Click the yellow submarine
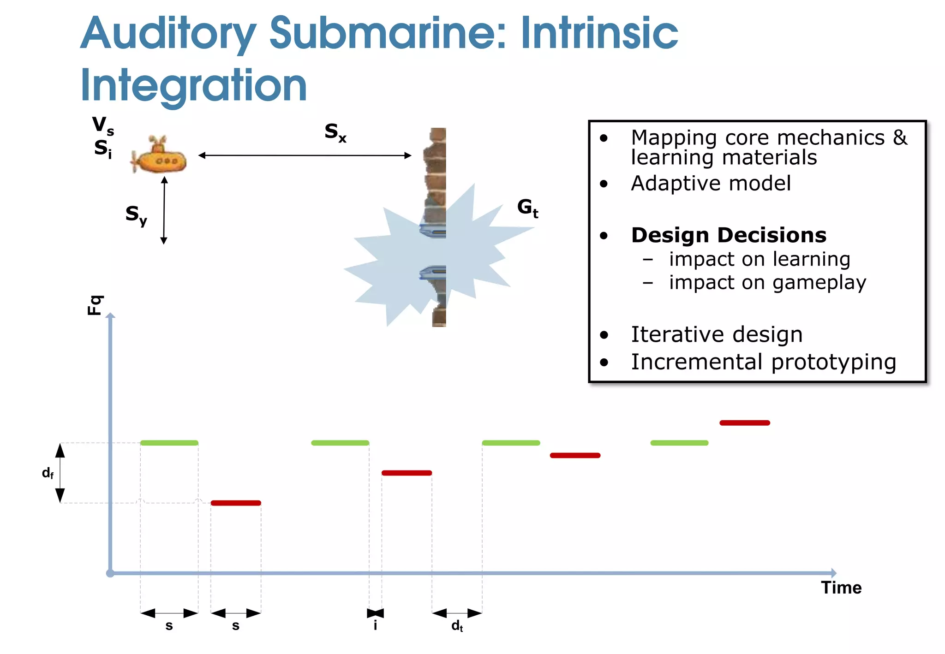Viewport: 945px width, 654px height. click(x=159, y=157)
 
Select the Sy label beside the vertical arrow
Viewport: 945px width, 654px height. click(x=136, y=215)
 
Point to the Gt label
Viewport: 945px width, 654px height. click(x=527, y=208)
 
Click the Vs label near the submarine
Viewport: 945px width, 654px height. click(x=102, y=125)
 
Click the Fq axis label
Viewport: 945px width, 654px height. click(x=95, y=305)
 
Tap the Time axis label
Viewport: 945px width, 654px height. click(x=841, y=588)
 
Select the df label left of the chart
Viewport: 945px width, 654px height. click(x=48, y=473)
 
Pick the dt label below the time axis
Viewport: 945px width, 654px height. click(x=457, y=626)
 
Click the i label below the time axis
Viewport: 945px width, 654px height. click(x=375, y=625)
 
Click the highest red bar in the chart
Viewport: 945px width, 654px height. click(x=745, y=423)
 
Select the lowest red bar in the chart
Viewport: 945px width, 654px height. click(x=236, y=503)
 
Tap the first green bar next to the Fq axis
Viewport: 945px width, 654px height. click(x=169, y=443)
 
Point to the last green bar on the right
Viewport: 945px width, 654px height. click(x=679, y=443)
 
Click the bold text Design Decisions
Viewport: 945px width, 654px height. click(x=729, y=235)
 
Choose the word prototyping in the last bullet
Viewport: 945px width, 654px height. click(x=833, y=363)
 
